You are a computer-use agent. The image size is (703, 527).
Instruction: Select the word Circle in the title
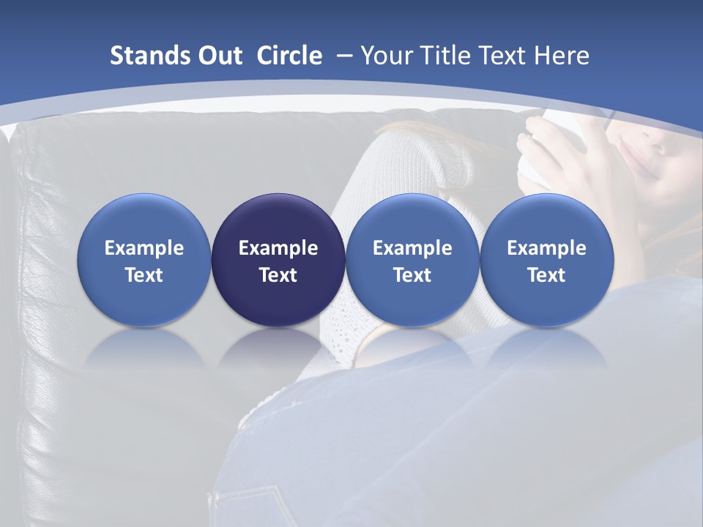(289, 56)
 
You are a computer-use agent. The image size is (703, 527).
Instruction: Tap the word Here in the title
(563, 56)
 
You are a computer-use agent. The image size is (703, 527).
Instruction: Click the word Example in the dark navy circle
(278, 249)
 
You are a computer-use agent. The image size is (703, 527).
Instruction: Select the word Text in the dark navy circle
(278, 275)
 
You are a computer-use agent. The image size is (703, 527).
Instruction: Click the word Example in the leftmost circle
(144, 249)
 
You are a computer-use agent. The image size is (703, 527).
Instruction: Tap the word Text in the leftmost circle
(144, 275)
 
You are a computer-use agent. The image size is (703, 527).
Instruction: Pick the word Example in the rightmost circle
(546, 249)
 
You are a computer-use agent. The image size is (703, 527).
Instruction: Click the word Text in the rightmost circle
(546, 275)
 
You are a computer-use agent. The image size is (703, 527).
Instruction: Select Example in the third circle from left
(412, 249)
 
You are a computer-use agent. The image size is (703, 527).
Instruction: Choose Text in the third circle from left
(412, 275)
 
